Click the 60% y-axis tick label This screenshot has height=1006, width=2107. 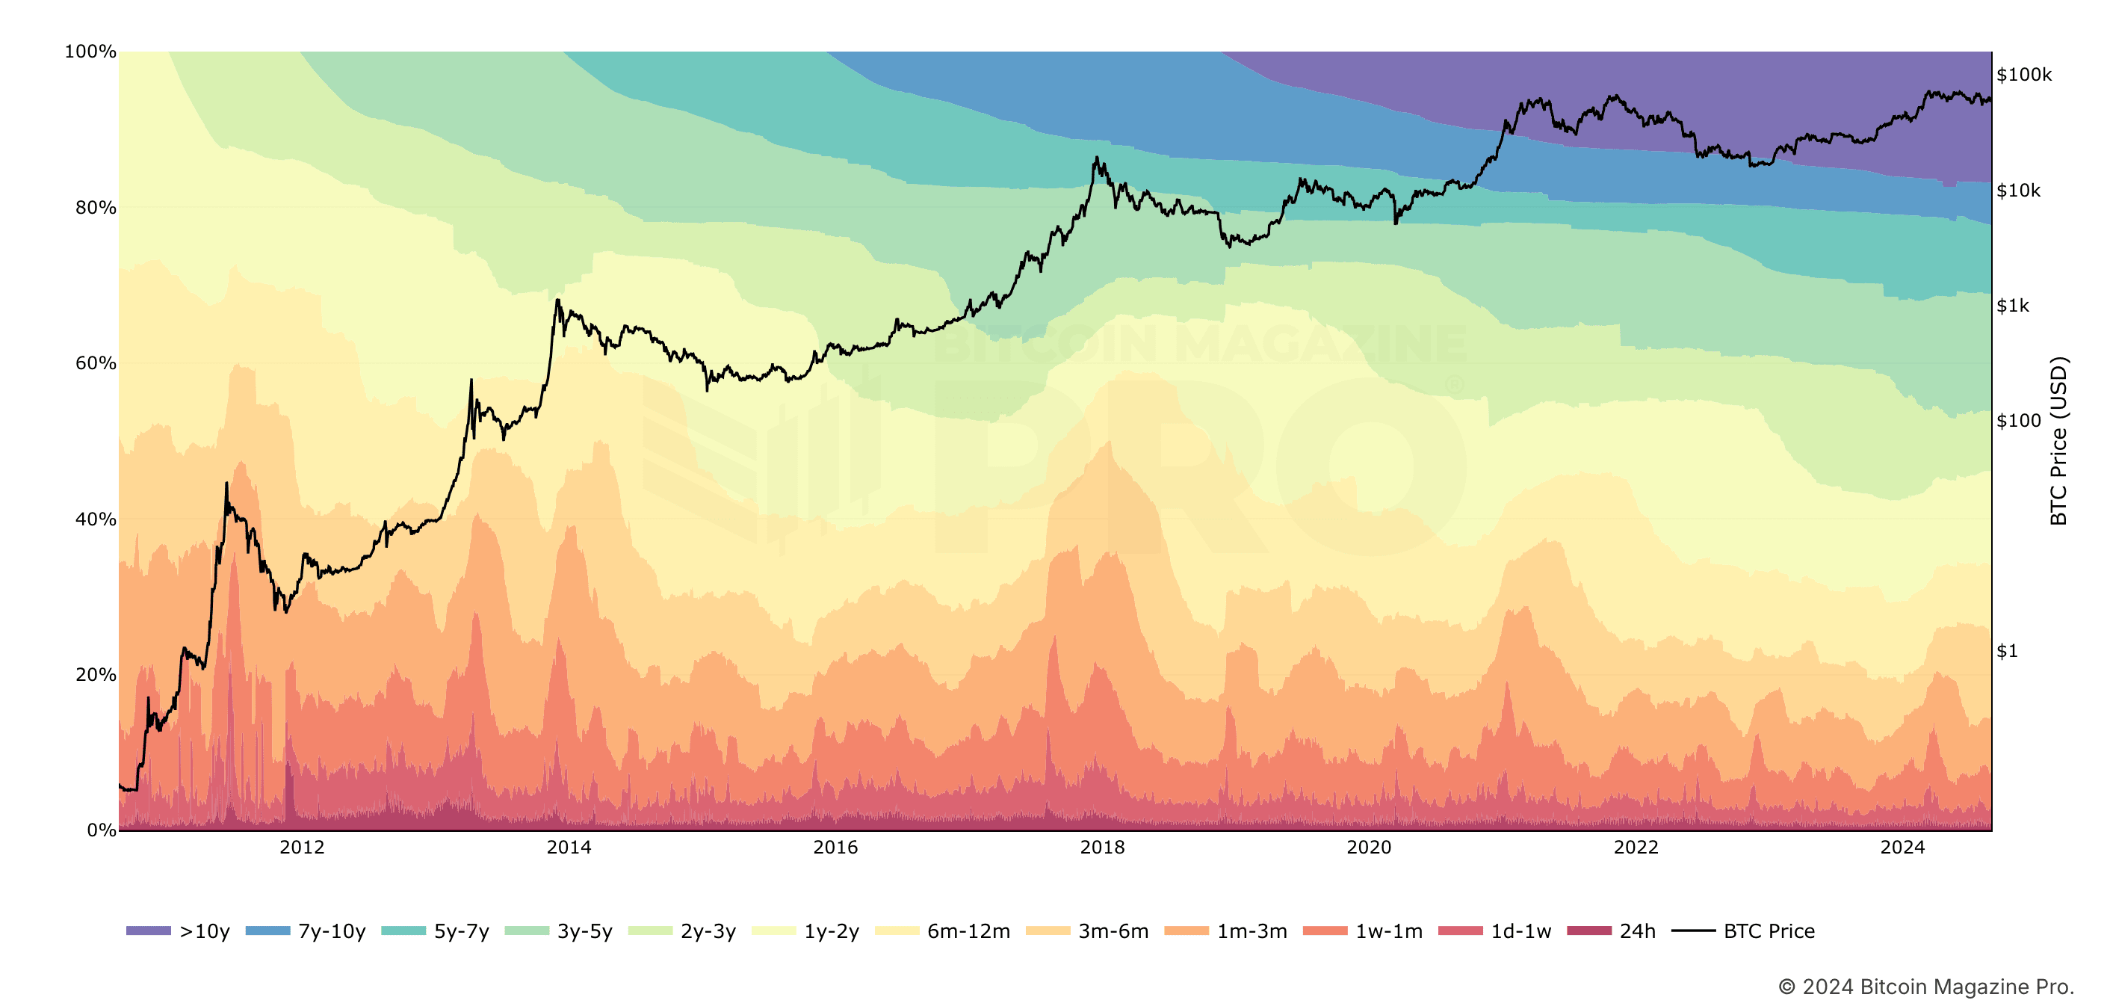[x=96, y=363]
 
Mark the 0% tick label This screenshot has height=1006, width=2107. [x=102, y=830]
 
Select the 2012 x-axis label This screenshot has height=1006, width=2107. [x=302, y=848]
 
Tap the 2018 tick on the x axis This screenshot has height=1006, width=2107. [x=1102, y=848]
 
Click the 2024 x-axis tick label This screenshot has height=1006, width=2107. [x=1902, y=848]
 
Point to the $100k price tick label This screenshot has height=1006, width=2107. [x=2023, y=75]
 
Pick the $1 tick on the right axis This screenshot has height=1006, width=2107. [x=2007, y=651]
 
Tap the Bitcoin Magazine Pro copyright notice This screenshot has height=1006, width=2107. [x=1925, y=987]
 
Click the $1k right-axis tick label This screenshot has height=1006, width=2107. [x=2013, y=306]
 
